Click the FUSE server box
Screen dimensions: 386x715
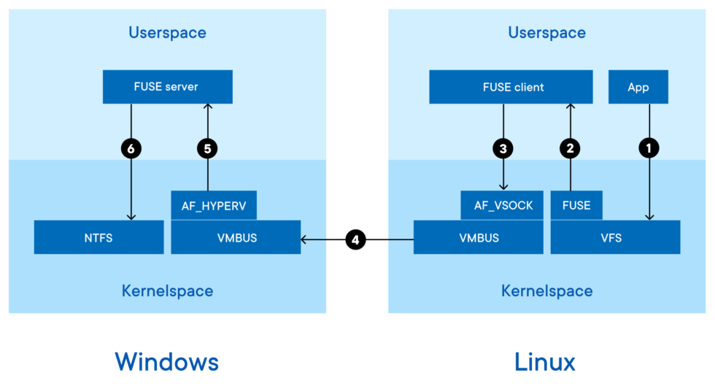pyautogui.click(x=167, y=87)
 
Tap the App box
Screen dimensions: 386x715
pyautogui.click(x=638, y=87)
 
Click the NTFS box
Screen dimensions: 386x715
pyautogui.click(x=98, y=237)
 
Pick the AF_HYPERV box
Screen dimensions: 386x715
pyautogui.click(x=214, y=205)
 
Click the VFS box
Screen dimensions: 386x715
pyautogui.click(x=615, y=237)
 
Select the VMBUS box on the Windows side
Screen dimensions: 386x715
pyautogui.click(x=236, y=237)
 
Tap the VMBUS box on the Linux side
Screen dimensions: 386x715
pyautogui.click(x=478, y=237)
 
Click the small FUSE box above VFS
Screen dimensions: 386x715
pyautogui.click(x=576, y=205)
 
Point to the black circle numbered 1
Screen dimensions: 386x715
pyautogui.click(x=649, y=148)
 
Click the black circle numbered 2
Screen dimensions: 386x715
pyautogui.click(x=571, y=148)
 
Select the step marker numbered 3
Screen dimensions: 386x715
pyautogui.click(x=503, y=148)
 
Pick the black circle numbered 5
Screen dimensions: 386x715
pyautogui.click(x=208, y=148)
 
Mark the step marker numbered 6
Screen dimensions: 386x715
pyautogui.click(x=131, y=148)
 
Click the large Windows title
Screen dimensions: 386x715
pyautogui.click(x=166, y=361)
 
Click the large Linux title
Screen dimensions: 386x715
pyautogui.click(x=545, y=361)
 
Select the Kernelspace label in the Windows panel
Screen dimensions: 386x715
pyautogui.click(x=167, y=291)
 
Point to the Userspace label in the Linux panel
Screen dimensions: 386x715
pyautogui.click(x=546, y=32)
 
